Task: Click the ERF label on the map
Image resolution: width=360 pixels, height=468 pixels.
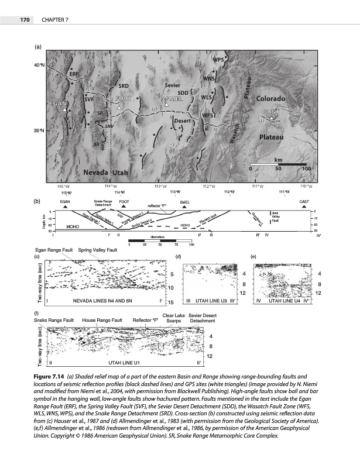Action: coord(74,75)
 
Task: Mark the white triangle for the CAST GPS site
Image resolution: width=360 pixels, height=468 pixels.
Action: coord(271,119)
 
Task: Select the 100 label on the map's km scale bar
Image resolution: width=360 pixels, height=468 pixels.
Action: coord(304,168)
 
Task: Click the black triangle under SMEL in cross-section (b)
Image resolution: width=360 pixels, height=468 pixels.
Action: coord(184,207)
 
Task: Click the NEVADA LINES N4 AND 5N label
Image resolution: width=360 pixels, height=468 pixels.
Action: coord(102,301)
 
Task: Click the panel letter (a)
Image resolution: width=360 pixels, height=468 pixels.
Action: coord(39,46)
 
